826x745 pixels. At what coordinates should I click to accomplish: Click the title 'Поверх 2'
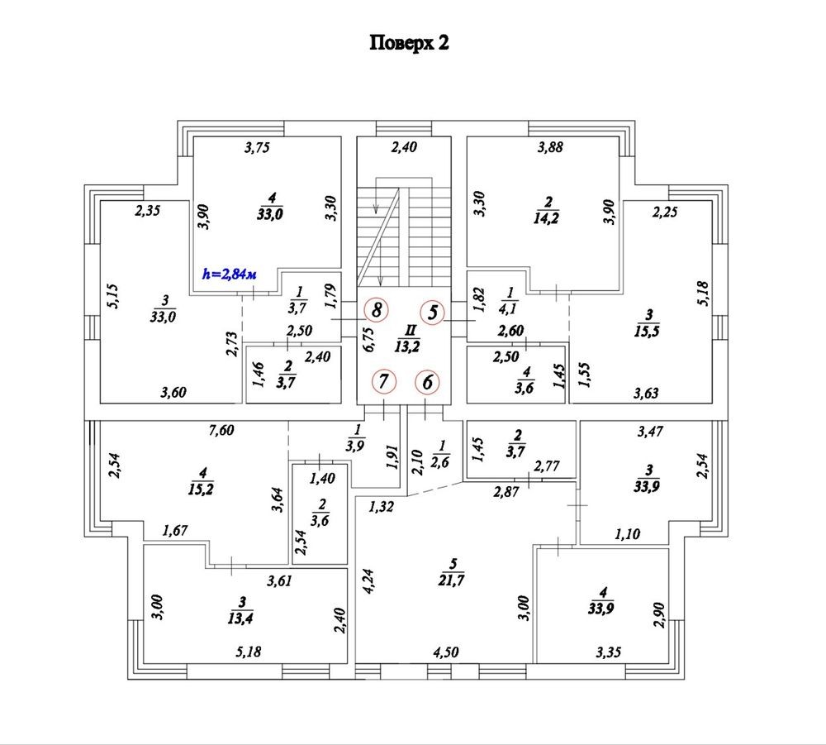coord(409,44)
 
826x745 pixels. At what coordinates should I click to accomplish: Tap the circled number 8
coord(377,311)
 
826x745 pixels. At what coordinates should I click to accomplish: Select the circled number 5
coord(432,313)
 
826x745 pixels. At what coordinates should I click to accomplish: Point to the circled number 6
coord(428,382)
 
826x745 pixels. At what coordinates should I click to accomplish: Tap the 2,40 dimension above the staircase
coord(404,149)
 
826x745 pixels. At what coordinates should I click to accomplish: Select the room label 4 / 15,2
coord(202,479)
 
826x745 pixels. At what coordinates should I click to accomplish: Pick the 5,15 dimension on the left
coord(114,296)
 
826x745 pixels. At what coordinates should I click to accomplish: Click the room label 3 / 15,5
coord(649,322)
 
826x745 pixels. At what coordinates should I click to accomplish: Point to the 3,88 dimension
coord(551,148)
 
